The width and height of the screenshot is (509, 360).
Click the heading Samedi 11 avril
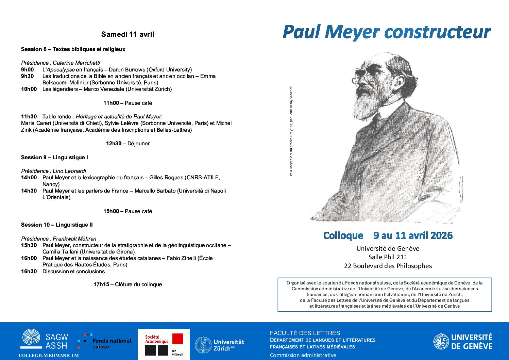(x=128, y=34)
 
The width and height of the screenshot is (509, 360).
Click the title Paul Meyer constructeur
(x=387, y=32)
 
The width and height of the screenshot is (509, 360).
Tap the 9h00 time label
(x=28, y=69)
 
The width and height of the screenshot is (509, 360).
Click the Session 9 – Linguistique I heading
(x=54, y=157)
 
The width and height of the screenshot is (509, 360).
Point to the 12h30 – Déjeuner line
(x=128, y=143)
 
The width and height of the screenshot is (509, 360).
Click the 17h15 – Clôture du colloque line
(x=128, y=284)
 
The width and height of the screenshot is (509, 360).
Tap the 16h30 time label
(x=29, y=271)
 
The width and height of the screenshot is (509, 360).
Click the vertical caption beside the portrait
(x=291, y=131)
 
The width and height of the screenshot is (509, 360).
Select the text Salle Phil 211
(x=388, y=257)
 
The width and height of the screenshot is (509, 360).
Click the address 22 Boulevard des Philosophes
(x=388, y=266)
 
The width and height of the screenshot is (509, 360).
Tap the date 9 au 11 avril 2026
(x=413, y=235)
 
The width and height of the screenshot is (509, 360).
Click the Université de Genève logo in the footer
(x=463, y=342)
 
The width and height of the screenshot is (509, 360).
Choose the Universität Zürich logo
(x=220, y=345)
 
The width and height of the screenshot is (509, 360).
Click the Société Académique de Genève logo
(x=164, y=344)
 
